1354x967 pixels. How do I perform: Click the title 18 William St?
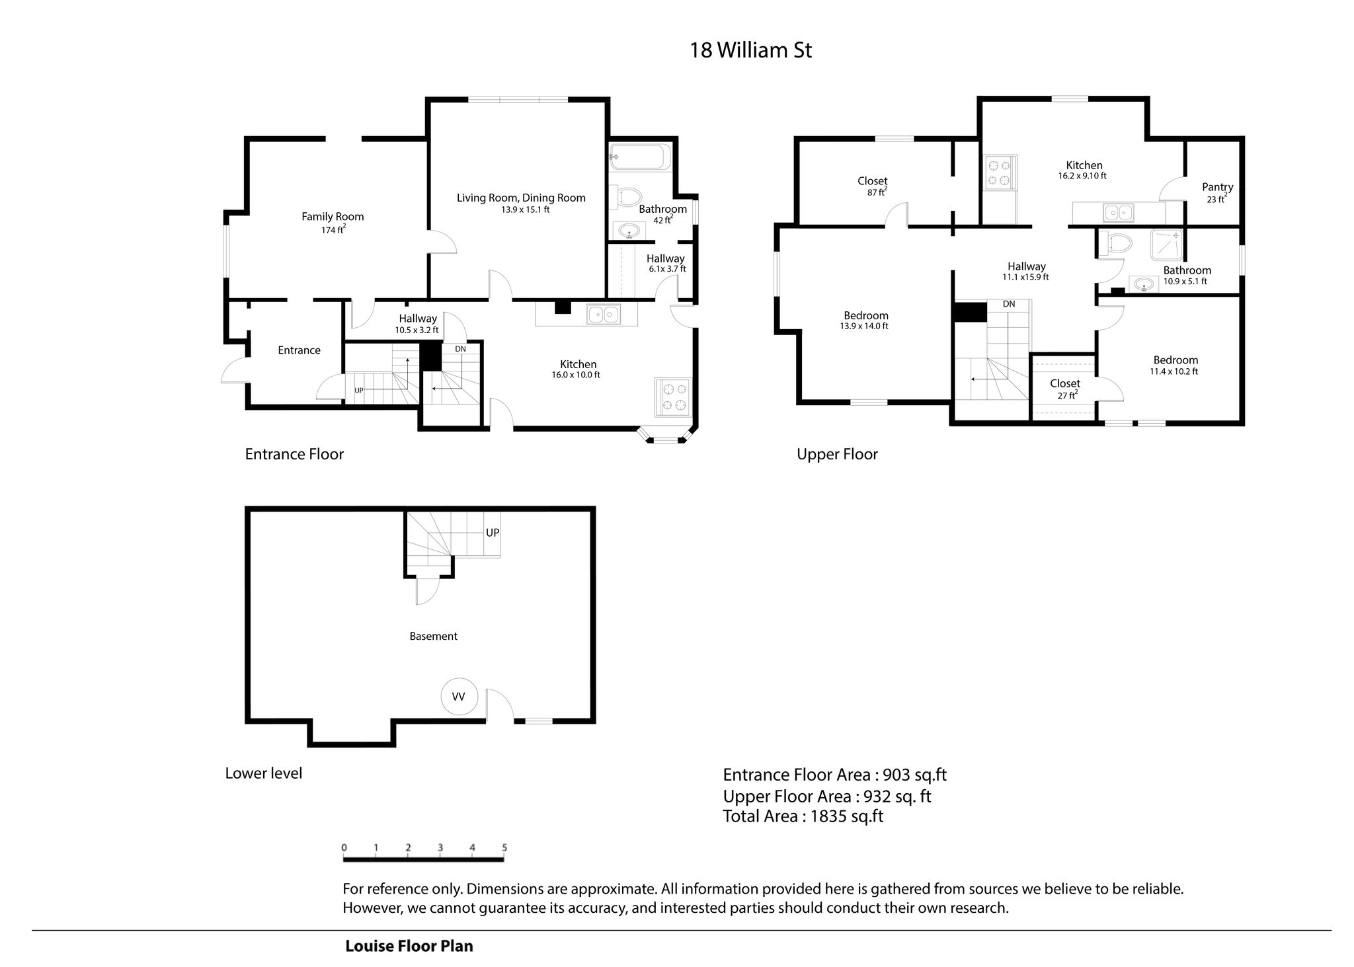coord(750,50)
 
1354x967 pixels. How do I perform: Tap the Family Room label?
coord(333,216)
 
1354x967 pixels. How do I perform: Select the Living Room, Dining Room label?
coord(521,198)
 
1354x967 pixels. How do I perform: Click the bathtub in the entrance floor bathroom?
coord(640,157)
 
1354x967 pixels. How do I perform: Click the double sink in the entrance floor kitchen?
coord(604,314)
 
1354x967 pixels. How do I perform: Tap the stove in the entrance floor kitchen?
coord(672,397)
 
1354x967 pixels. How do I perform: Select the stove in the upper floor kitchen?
coord(1000,171)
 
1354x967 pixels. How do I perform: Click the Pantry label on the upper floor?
coord(1217,187)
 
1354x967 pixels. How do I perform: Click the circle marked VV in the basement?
coord(458,697)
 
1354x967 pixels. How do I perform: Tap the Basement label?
coord(433,636)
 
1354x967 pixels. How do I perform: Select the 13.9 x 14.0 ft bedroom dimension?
coord(864,327)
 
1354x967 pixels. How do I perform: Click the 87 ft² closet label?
coord(877,192)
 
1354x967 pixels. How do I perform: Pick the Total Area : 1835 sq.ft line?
coord(803,816)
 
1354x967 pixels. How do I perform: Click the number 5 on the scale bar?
coord(504,847)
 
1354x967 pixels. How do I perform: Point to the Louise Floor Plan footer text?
coord(409,946)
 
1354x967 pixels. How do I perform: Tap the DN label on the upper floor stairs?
coord(1009,304)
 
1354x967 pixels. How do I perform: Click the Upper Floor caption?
coord(837,454)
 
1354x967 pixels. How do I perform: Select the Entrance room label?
coord(299,350)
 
